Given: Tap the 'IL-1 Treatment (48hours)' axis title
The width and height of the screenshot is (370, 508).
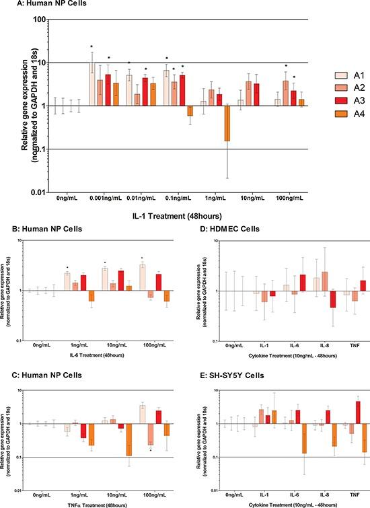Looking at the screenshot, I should pyautogui.click(x=184, y=215).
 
